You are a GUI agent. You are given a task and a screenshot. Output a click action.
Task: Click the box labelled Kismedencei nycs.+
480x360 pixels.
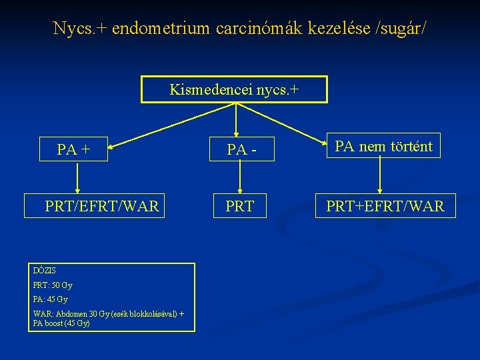coord(234,89)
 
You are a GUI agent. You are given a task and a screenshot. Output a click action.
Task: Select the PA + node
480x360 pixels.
coord(74,150)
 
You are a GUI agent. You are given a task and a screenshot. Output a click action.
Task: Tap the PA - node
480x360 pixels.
coord(241,150)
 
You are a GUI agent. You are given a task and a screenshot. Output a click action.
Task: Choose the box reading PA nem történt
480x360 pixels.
coord(383,146)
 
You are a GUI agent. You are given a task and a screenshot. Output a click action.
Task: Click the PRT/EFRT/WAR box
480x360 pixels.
coord(102,207)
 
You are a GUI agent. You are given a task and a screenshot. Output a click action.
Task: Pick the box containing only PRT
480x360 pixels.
coord(239,207)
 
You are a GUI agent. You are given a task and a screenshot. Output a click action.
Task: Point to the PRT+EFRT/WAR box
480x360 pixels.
coord(385,207)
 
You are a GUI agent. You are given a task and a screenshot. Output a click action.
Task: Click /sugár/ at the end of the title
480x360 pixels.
coord(400,29)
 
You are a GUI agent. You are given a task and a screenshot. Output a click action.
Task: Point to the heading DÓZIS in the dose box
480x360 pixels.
coord(45,271)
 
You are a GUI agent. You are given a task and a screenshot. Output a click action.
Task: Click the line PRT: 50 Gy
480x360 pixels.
coord(53,285)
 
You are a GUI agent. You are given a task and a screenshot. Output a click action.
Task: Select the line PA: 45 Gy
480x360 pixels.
coord(50,299)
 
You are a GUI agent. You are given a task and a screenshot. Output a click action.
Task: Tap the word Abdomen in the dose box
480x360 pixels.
coord(71,315)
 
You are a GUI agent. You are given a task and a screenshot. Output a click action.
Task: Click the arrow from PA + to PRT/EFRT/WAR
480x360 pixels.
coord(78,179)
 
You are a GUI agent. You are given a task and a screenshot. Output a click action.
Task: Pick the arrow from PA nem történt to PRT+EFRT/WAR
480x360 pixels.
coord(380,176)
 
